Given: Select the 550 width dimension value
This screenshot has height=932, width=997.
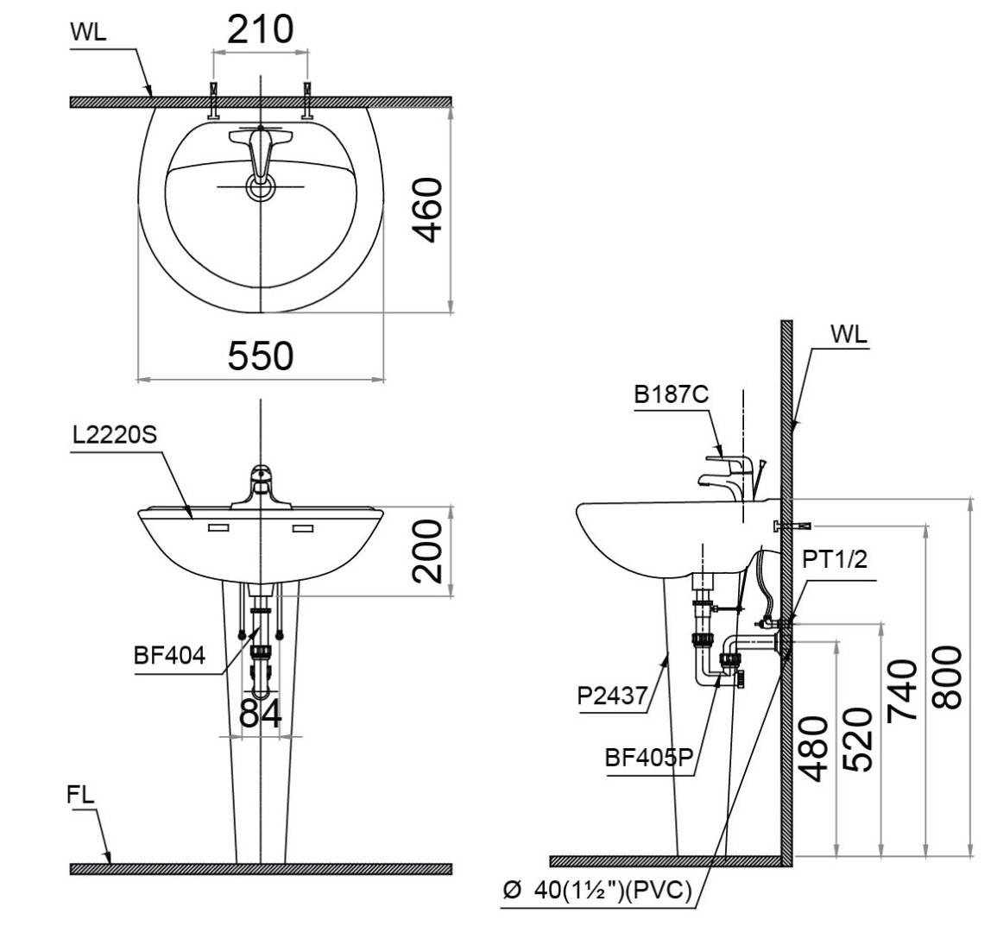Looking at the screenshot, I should click(260, 356).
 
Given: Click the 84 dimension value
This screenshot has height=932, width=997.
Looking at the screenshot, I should click(260, 714).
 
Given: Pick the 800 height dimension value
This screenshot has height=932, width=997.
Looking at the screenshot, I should click(947, 677).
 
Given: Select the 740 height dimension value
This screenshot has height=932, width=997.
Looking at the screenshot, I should click(901, 690).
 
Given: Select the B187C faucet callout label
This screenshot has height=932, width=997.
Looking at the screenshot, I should click(671, 395).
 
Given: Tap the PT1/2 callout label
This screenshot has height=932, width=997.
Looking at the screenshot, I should click(834, 559).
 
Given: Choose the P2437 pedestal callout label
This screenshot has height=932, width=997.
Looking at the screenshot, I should click(613, 696).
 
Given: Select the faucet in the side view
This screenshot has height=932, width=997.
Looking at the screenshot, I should click(729, 474).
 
